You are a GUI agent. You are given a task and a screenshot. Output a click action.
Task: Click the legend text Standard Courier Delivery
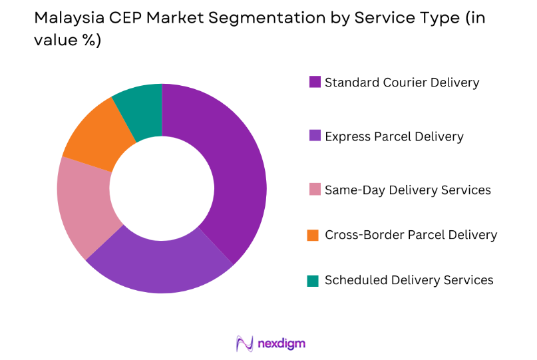click(401, 83)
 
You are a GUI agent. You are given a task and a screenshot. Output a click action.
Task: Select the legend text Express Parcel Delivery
click(394, 136)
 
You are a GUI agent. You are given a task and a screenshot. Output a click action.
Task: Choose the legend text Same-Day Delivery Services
click(407, 190)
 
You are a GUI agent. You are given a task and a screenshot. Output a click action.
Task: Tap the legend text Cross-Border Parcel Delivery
click(411, 235)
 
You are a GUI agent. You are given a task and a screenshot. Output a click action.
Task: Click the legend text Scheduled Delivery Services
click(409, 280)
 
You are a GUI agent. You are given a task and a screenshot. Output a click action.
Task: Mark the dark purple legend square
click(314, 83)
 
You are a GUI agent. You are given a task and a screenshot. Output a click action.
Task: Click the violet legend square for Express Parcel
click(314, 136)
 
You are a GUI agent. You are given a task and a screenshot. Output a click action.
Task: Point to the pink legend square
click(314, 190)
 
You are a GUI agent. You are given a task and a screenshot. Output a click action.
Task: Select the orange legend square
click(314, 235)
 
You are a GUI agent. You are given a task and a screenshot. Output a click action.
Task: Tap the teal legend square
click(314, 280)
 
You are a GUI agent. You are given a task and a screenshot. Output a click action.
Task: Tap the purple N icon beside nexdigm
click(244, 343)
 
